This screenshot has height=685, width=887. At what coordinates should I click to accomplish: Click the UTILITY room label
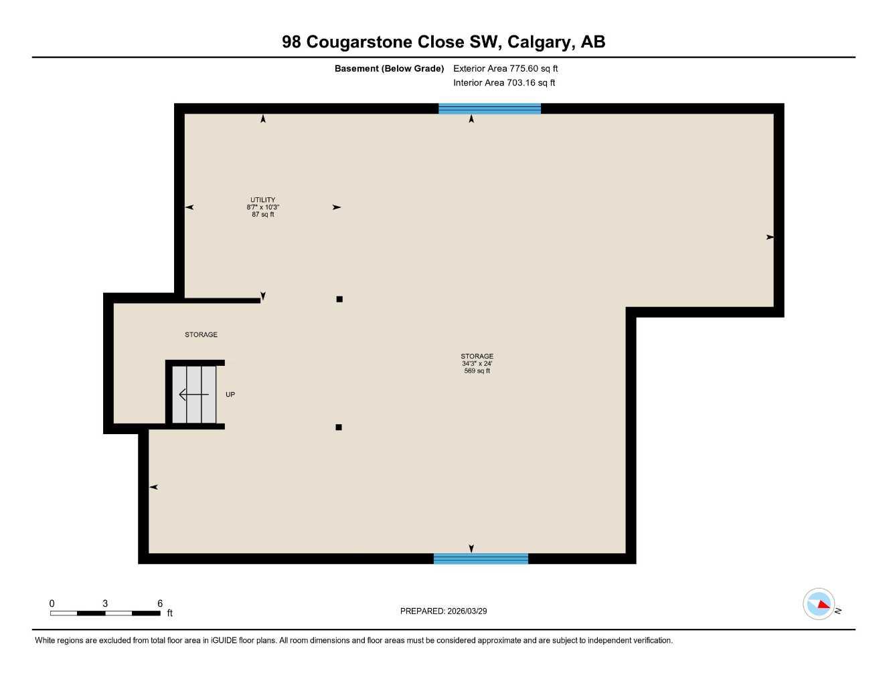click(x=262, y=200)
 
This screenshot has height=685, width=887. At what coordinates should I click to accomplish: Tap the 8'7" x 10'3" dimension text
click(x=262, y=207)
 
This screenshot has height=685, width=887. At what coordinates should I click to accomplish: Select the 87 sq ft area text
click(x=262, y=215)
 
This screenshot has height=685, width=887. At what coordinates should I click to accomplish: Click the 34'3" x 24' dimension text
click(x=477, y=364)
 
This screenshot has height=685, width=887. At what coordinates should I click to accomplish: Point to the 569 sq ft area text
click(x=477, y=371)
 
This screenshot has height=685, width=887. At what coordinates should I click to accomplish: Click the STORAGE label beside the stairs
click(x=201, y=334)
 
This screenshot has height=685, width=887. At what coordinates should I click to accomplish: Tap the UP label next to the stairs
click(x=230, y=395)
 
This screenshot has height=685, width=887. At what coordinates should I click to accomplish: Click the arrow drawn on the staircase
click(x=193, y=395)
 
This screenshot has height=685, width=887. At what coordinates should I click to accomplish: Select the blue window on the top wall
click(x=489, y=108)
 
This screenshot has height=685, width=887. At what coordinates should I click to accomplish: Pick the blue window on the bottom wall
click(x=481, y=559)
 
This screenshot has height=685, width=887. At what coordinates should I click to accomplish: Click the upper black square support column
click(x=339, y=299)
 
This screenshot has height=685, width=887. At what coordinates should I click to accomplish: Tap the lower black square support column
click(x=339, y=427)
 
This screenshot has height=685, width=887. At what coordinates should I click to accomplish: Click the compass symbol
click(x=819, y=604)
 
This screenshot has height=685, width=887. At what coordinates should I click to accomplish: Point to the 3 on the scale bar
click(x=105, y=603)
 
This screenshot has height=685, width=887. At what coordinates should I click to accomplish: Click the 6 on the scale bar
click(x=160, y=603)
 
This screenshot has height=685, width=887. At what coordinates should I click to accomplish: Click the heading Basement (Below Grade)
click(x=389, y=68)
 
